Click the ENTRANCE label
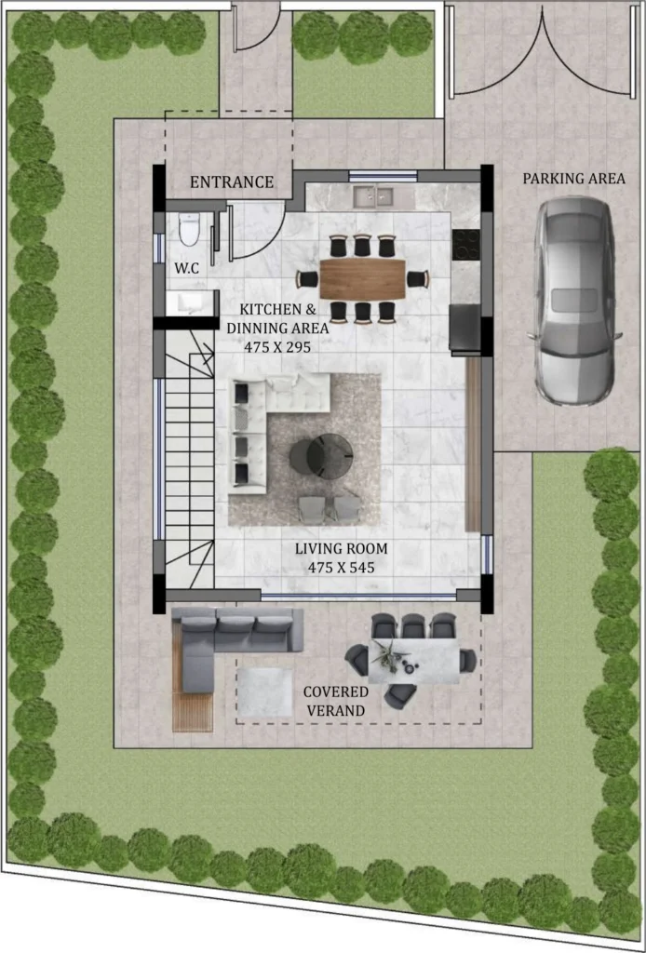(x=232, y=181)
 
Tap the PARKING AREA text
(x=573, y=179)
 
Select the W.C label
(x=186, y=269)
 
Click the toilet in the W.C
(x=189, y=229)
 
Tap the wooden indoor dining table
(x=363, y=279)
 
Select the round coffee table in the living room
(x=321, y=455)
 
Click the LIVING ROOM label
(x=341, y=549)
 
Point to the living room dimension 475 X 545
(x=341, y=568)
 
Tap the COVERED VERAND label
(x=335, y=701)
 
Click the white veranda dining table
(x=414, y=661)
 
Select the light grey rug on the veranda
(x=265, y=692)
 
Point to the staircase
(x=189, y=458)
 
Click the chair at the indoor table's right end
(x=419, y=279)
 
